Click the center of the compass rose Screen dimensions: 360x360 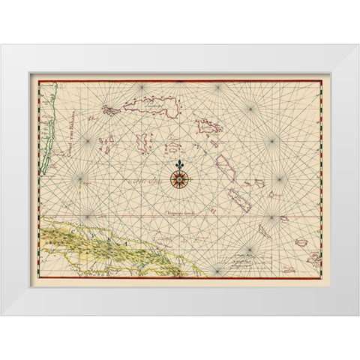click(179, 178)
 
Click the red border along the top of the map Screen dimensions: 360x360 click(180, 76)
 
